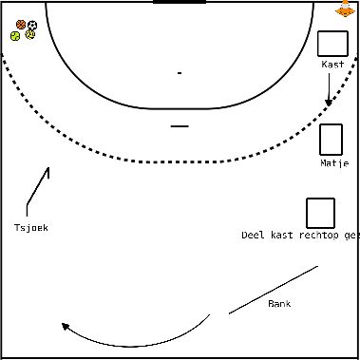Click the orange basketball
(21, 25)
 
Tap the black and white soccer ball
(32, 25)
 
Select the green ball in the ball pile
(15, 36)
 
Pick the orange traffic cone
(345, 9)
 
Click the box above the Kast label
(332, 44)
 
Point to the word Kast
(332, 65)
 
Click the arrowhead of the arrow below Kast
(329, 103)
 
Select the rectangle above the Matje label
(331, 140)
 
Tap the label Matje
(334, 163)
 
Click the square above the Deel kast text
(320, 213)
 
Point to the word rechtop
(318, 236)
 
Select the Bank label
(279, 303)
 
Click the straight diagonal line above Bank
(274, 290)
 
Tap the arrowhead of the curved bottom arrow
(65, 326)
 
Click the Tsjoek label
(31, 227)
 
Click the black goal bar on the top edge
(180, 2)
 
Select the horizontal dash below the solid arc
(180, 126)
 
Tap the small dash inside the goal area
(180, 73)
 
